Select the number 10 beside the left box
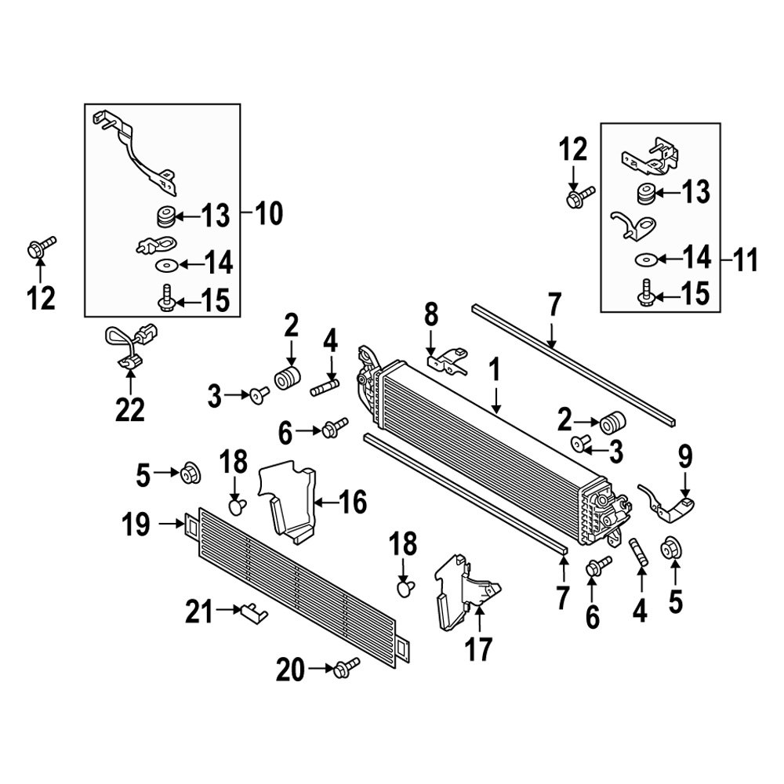click(269, 213)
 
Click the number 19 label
click(136, 524)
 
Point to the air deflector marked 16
click(289, 502)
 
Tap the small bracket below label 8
click(444, 361)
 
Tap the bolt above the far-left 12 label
click(40, 248)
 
